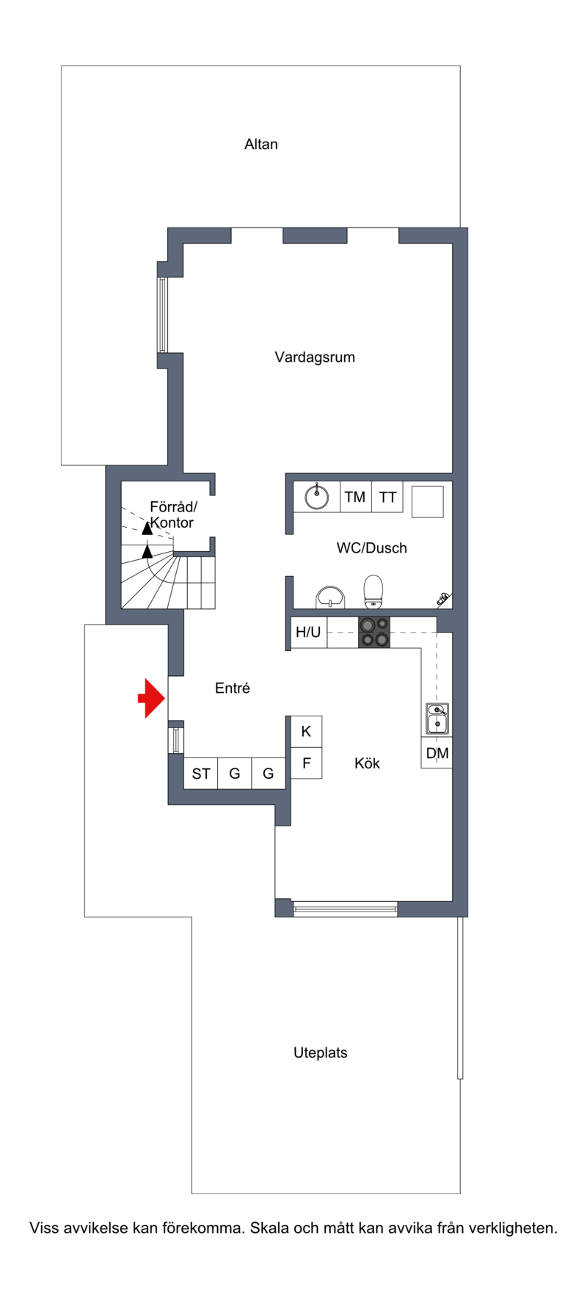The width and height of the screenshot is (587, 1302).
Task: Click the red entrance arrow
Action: [152, 698]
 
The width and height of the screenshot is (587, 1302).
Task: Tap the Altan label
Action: [261, 145]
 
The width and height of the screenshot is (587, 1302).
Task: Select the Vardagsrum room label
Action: [315, 357]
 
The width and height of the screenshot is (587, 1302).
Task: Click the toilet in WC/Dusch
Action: [373, 592]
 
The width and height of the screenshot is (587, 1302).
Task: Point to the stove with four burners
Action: [374, 633]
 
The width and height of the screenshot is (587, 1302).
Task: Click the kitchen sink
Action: [438, 719]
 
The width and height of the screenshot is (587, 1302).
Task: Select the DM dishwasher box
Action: [437, 753]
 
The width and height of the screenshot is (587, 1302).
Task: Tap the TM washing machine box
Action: [356, 497]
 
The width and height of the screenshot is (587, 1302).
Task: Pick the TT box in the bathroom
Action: [387, 497]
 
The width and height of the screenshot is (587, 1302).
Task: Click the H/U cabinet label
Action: [308, 632]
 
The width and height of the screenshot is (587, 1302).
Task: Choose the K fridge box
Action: [307, 731]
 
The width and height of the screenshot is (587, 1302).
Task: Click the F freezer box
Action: [307, 763]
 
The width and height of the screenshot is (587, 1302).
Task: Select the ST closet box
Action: [200, 774]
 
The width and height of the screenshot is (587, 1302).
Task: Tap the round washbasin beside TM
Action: [317, 497]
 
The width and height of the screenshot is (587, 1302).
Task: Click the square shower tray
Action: [427, 501]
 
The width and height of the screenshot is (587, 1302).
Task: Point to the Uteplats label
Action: [321, 1052]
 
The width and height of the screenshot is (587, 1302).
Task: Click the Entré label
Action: [233, 688]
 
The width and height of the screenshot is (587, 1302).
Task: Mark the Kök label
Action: [367, 763]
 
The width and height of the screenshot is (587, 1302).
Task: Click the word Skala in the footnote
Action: [269, 1228]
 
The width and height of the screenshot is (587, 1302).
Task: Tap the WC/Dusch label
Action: [371, 548]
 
